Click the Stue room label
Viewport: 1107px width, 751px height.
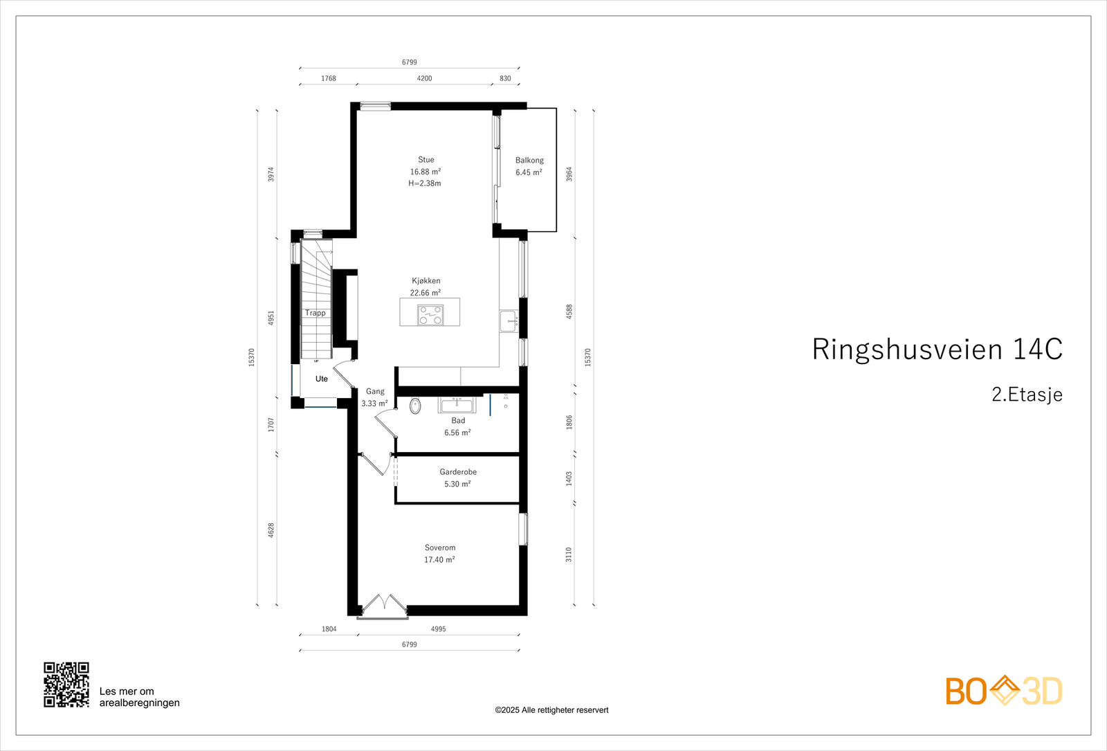[426, 160]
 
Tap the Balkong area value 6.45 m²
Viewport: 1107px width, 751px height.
[529, 172]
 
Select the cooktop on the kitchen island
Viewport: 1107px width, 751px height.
[430, 315]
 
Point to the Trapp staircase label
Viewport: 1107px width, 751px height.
[315, 313]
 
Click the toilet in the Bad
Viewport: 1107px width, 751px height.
[415, 406]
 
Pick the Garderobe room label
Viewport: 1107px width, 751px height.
[458, 472]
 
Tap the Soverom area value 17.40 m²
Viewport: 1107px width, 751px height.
[439, 559]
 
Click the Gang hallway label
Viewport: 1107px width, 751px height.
[375, 391]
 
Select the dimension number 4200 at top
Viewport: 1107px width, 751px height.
[424, 78]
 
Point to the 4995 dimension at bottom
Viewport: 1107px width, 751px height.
[438, 629]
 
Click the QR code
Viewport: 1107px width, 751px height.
[66, 685]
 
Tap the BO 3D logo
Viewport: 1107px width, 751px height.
[1004, 691]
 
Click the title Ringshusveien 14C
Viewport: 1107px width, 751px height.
[937, 350]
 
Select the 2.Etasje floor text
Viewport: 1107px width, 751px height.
[1027, 395]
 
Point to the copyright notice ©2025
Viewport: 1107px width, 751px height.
[551, 710]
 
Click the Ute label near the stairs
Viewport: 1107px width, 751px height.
[322, 379]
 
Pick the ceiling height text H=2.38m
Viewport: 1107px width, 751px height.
[425, 183]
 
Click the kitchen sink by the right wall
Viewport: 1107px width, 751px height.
[510, 321]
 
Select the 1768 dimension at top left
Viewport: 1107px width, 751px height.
[329, 78]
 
